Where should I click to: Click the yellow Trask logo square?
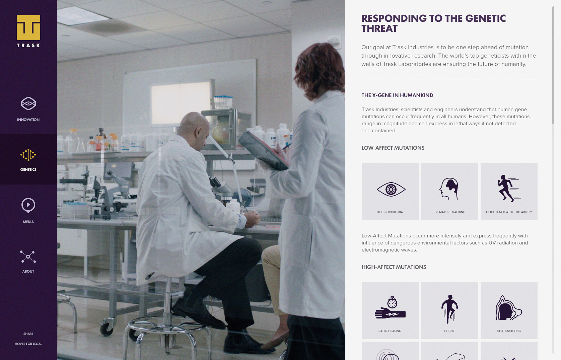(28, 27)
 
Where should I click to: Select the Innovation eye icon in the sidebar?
(28, 103)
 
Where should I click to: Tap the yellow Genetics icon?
(28, 155)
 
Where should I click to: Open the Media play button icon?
(28, 205)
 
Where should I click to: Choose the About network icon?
(28, 257)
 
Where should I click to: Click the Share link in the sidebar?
(28, 334)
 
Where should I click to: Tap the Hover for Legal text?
(28, 344)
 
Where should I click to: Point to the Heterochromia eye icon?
(391, 189)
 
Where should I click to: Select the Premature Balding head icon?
(449, 189)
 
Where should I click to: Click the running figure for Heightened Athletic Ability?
(508, 188)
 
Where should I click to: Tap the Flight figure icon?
(449, 309)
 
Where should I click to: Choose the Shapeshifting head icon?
(508, 308)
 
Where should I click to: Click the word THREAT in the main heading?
(379, 29)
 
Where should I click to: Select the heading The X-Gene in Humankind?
(397, 95)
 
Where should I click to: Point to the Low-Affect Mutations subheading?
(393, 148)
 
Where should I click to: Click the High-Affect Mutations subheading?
(394, 267)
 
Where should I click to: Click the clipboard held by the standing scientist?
(263, 150)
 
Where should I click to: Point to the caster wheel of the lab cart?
(107, 328)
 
